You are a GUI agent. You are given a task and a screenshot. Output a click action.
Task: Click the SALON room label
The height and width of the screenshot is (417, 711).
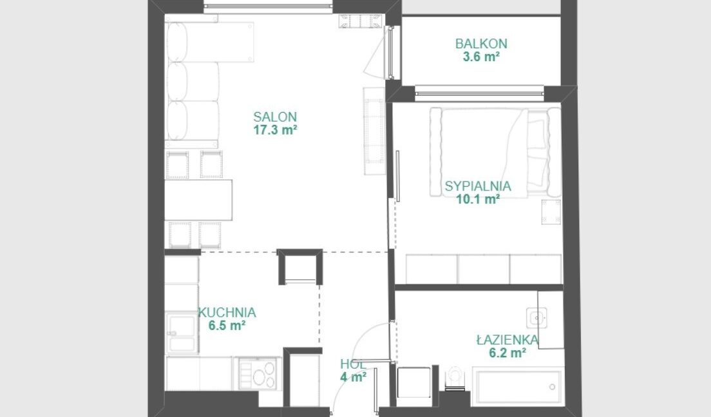click(x=275, y=117)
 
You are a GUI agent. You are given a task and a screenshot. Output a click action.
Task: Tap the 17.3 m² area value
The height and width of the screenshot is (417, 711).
click(x=275, y=130)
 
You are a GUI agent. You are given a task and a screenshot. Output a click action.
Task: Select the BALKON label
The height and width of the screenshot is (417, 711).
click(x=481, y=44)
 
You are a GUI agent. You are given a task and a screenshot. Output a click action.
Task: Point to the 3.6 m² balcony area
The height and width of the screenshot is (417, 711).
click(x=481, y=57)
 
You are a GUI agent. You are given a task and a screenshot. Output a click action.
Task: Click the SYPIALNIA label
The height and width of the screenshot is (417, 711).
click(x=478, y=186)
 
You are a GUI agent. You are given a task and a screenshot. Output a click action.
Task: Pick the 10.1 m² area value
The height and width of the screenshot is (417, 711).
click(x=478, y=199)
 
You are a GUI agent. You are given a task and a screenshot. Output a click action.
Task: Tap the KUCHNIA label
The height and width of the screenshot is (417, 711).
click(x=227, y=312)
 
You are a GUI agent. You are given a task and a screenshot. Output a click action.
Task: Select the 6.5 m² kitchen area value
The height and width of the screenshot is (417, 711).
click(x=227, y=326)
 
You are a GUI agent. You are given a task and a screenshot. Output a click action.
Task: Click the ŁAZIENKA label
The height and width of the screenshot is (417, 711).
click(x=507, y=340)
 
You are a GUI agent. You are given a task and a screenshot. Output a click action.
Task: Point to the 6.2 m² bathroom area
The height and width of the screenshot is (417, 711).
click(x=507, y=353)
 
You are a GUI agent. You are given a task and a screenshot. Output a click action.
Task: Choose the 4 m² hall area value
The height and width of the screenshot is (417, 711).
click(x=353, y=376)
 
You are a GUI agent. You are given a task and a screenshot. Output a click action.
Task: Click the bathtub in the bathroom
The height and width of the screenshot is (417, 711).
click(x=518, y=386)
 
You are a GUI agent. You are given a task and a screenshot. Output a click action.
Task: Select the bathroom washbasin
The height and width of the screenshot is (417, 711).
click(x=537, y=318)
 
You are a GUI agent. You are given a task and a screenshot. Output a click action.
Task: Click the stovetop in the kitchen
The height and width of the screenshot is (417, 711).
click(x=257, y=373)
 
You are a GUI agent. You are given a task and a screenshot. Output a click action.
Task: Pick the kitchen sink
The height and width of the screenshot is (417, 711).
click(x=182, y=333)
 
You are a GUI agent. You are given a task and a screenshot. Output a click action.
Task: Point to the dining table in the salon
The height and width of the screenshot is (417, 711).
click(x=198, y=200)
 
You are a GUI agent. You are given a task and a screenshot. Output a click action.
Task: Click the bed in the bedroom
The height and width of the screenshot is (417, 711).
click(x=495, y=153)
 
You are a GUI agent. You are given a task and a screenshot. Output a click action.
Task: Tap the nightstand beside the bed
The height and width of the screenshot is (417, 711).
click(x=551, y=212)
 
